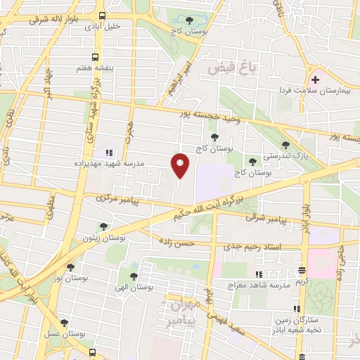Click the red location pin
click(x=180, y=165)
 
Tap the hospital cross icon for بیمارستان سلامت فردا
click(x=316, y=80)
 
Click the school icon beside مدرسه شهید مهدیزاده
click(x=108, y=150)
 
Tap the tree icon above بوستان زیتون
click(x=103, y=226)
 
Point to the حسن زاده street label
click(x=176, y=243)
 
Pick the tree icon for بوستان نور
click(x=70, y=267)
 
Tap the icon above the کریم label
click(x=302, y=271)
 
